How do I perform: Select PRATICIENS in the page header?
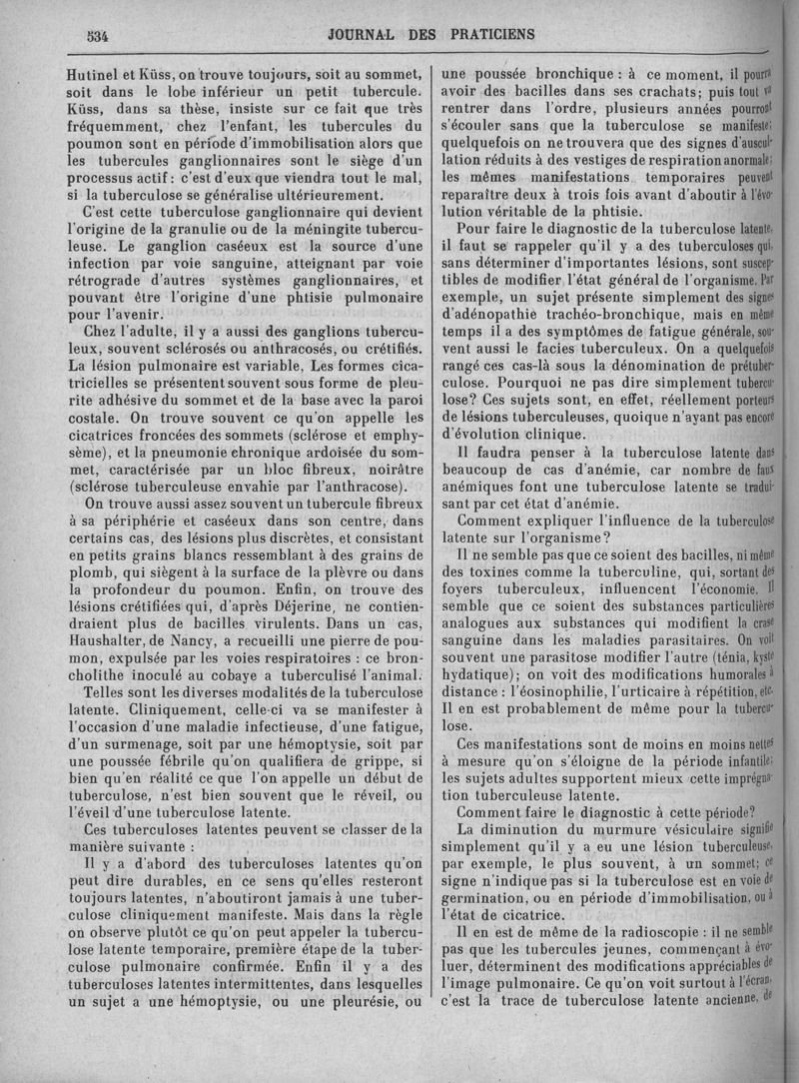click(x=486, y=34)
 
